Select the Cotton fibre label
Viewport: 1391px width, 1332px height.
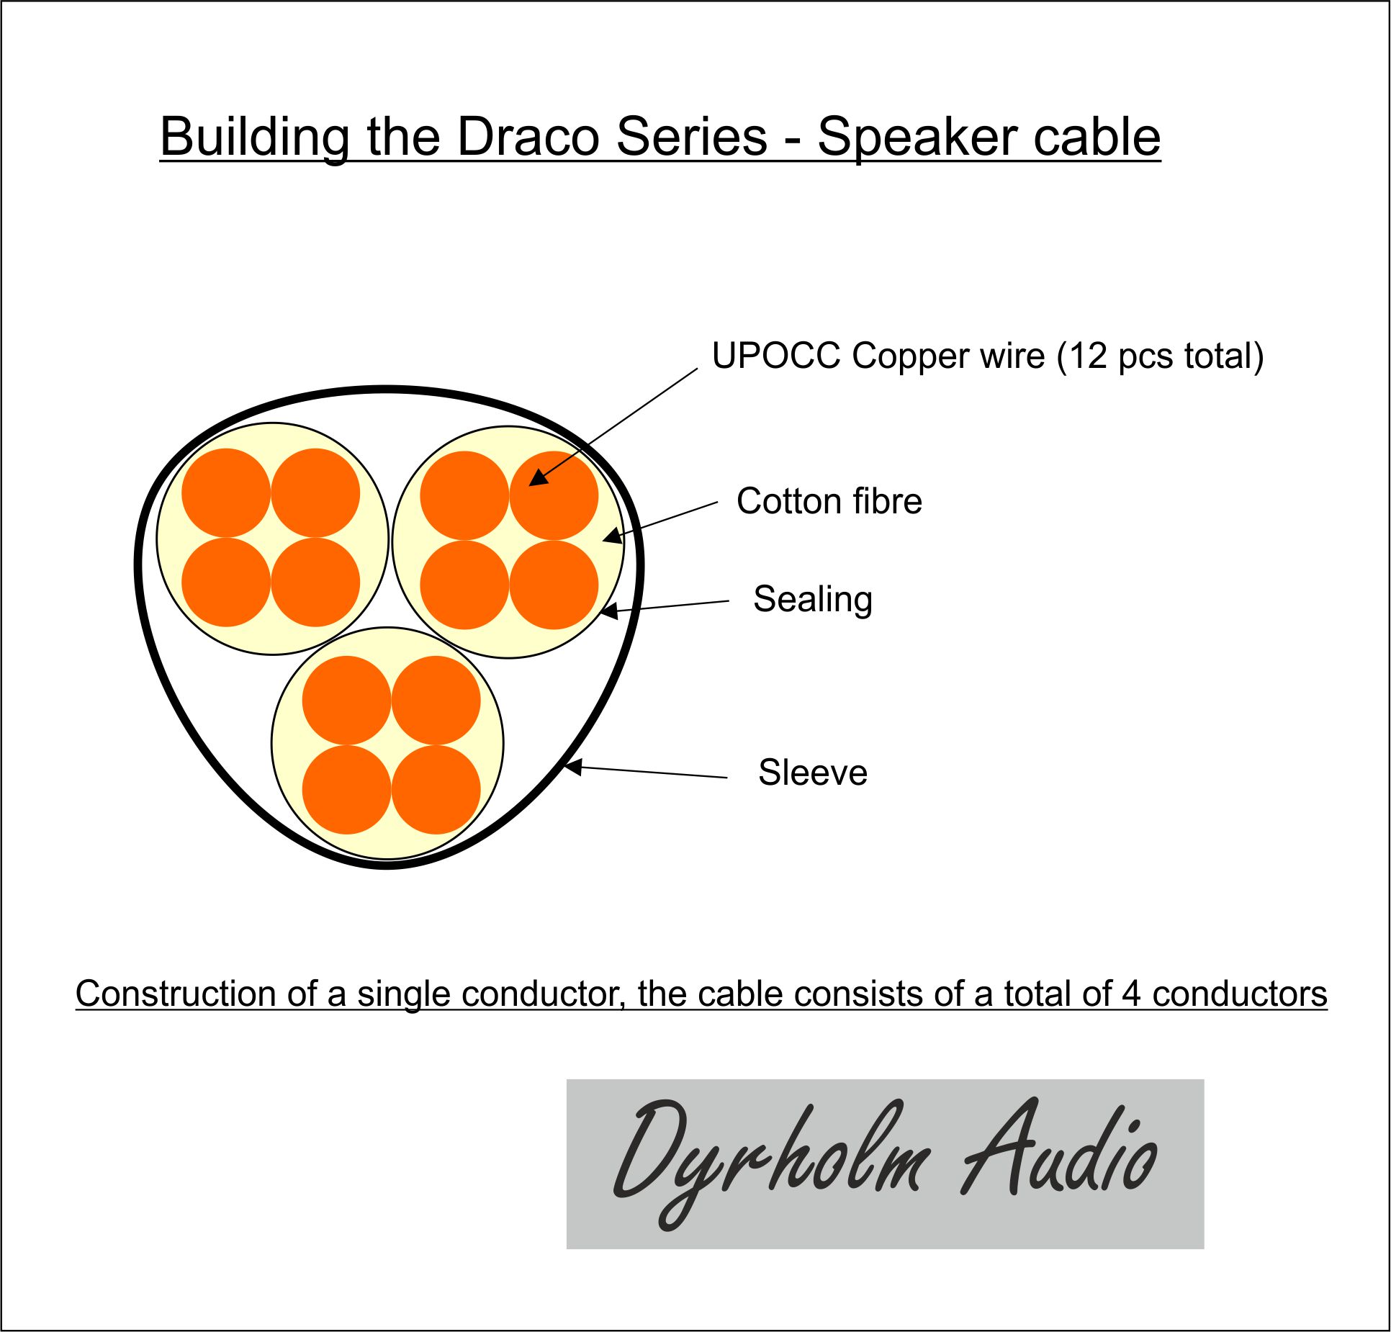[x=829, y=501]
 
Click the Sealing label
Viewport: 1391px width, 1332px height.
[x=813, y=599]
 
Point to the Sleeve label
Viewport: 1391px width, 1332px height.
[x=813, y=773]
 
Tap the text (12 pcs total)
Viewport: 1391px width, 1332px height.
[x=1160, y=356]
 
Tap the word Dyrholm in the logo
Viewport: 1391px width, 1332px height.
[x=770, y=1162]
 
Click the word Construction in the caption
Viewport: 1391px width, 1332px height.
[x=175, y=994]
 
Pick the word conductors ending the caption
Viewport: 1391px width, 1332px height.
[x=1239, y=994]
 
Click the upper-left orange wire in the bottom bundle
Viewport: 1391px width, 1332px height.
[x=346, y=700]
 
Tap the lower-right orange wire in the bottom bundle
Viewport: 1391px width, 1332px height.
[x=436, y=789]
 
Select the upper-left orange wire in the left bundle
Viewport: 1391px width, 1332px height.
[x=226, y=492]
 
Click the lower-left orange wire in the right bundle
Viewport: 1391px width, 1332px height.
[x=464, y=585]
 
